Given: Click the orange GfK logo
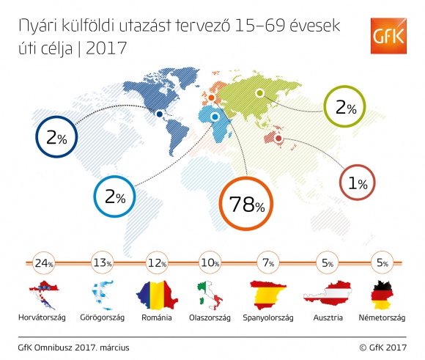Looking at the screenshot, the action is [x=388, y=36].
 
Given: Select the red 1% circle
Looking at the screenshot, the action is [x=358, y=165].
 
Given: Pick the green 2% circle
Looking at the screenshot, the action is [x=345, y=87].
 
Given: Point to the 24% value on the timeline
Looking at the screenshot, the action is [x=44, y=263].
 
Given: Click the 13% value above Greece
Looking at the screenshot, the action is [x=102, y=262].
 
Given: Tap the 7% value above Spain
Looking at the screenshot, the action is [x=268, y=262].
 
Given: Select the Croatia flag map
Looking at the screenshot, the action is [x=44, y=295].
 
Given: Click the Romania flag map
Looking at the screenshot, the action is [x=157, y=295].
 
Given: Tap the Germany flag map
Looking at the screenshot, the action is [x=382, y=295].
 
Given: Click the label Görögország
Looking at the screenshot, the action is [x=102, y=317].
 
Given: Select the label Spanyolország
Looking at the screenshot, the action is [x=268, y=317].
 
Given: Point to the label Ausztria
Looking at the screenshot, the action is [x=328, y=317].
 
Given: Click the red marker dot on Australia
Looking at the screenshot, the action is [x=278, y=139].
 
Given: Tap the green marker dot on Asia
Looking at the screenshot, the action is [x=259, y=93].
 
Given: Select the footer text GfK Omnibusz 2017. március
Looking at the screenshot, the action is [x=74, y=348].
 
